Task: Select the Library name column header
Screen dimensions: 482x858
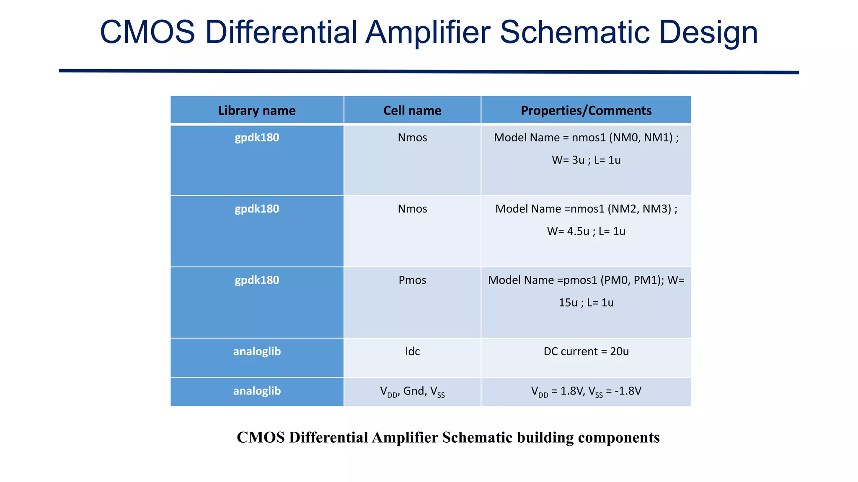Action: tap(257, 110)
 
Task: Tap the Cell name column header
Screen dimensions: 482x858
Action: tap(412, 110)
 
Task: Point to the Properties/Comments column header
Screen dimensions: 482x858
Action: tap(586, 110)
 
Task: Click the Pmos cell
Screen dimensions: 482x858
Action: tap(412, 280)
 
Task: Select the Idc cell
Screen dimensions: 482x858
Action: tap(412, 351)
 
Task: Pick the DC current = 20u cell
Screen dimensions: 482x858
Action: tap(586, 351)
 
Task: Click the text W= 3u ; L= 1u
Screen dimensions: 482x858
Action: tap(586, 160)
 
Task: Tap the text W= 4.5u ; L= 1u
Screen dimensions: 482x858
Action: tap(586, 231)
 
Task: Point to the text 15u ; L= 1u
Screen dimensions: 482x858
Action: tap(586, 303)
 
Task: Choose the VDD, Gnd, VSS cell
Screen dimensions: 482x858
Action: tap(412, 392)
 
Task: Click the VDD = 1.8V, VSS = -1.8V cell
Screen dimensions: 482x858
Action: tap(586, 392)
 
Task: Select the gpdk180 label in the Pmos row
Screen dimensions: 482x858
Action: tap(257, 280)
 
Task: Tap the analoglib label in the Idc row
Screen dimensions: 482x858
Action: tap(257, 351)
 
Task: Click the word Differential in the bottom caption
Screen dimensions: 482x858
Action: tap(328, 438)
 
